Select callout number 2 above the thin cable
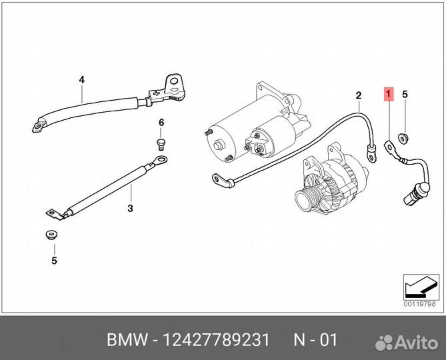pos(358,95)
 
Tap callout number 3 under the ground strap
pos(130,209)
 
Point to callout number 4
pos(82,80)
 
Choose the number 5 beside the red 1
pos(404,95)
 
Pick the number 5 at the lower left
pos(55,261)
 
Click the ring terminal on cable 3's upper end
pos(159,159)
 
